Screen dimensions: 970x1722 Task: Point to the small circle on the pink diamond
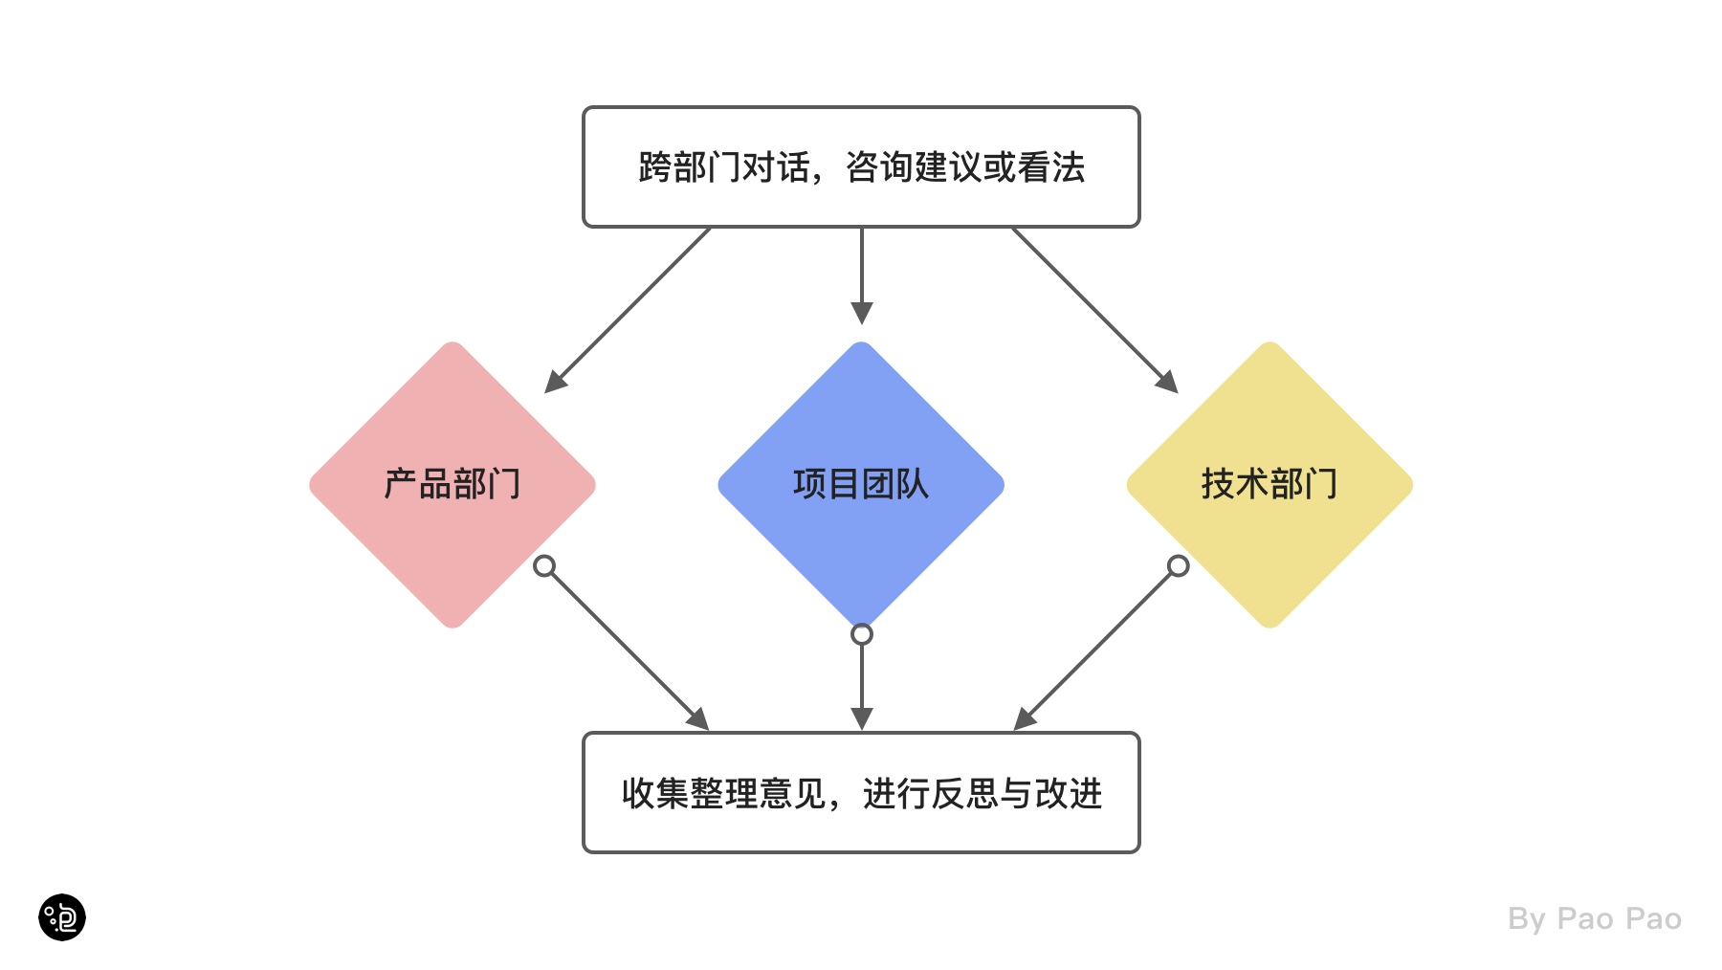coord(544,566)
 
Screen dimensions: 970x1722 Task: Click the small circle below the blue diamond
coord(862,634)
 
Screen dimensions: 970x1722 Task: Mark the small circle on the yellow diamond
coord(1179,566)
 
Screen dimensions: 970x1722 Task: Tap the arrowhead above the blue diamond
coord(862,313)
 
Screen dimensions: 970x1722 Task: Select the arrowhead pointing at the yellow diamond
coord(1167,382)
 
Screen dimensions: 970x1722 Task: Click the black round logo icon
coord(62,917)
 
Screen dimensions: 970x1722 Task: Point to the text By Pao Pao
coord(1594,919)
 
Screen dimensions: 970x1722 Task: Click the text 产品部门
coord(452,484)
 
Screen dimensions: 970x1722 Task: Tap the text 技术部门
coord(1269,484)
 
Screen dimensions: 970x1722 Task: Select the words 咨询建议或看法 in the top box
coord(965,167)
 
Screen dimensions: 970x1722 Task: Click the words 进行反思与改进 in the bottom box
coord(982,793)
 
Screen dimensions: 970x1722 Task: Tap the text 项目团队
coord(861,484)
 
